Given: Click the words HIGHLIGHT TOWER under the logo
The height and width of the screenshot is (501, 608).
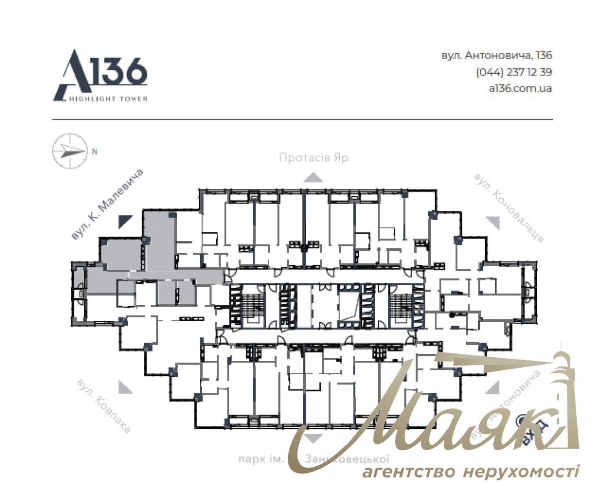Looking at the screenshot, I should (x=109, y=99).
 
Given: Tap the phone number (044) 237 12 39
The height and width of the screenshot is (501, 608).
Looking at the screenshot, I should (x=514, y=72).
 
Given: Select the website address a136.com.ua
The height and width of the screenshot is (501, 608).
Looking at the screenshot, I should (x=520, y=88).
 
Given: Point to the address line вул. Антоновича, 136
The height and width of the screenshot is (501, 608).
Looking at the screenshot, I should (x=496, y=56).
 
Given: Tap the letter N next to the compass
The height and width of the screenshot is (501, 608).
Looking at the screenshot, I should (x=95, y=152).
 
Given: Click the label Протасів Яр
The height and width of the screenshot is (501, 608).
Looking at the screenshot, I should (x=314, y=158).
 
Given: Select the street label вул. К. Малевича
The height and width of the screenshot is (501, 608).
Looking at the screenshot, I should (x=107, y=204).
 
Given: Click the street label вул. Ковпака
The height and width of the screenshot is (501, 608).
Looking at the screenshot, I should (x=103, y=406).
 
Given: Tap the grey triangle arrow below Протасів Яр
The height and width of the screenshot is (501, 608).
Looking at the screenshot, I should (x=313, y=177).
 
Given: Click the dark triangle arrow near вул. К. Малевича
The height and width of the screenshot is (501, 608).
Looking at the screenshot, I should (x=124, y=221).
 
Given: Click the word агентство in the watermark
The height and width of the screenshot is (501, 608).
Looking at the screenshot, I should (x=408, y=471).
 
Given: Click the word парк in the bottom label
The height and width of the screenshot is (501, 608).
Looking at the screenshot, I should (x=252, y=459).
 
